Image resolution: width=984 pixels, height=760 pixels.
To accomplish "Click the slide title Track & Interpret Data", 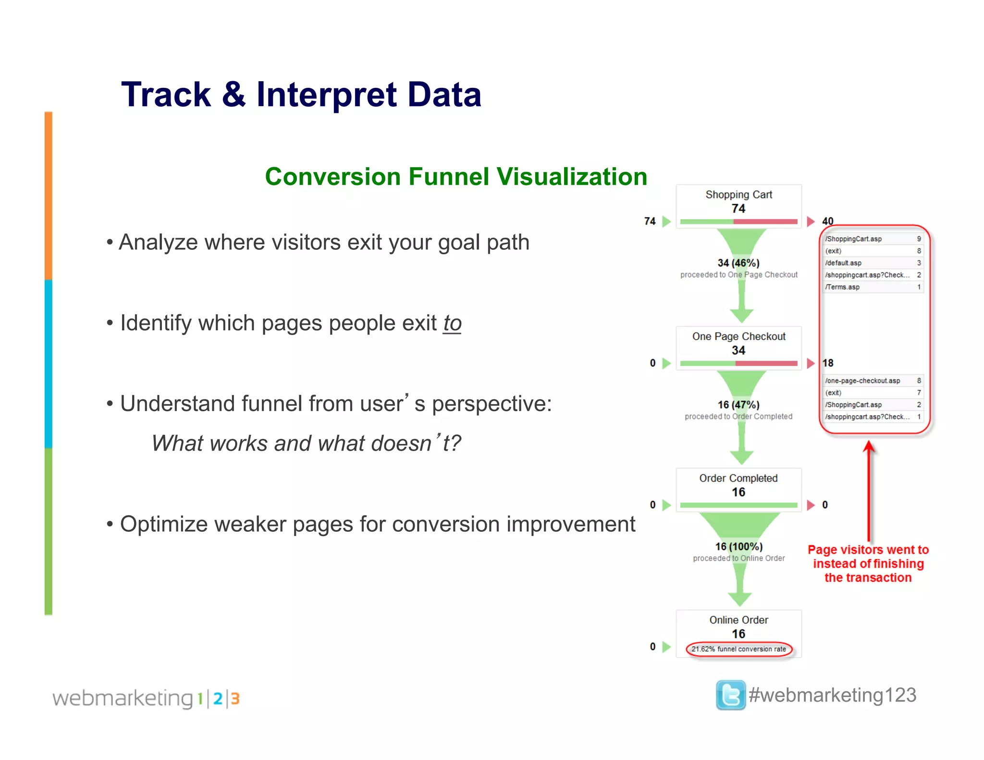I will tap(301, 94).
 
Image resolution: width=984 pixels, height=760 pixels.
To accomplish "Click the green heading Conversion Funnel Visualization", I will tap(456, 176).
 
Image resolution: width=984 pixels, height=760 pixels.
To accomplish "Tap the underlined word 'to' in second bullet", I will tap(452, 323).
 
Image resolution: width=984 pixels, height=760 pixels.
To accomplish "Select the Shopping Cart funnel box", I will tap(738, 206).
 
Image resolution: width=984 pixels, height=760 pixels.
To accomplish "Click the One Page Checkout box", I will tap(738, 347).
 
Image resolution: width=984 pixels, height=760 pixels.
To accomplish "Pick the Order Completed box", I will tap(738, 489).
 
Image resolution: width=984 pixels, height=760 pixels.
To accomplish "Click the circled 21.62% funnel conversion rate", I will tap(738, 649).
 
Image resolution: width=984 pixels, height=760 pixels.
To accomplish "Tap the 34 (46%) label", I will tap(738, 263).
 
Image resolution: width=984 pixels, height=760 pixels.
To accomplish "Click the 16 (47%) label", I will tap(738, 405).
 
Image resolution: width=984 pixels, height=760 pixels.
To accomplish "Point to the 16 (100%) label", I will tap(738, 546).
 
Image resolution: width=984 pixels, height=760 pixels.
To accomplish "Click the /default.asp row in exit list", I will tap(872, 263).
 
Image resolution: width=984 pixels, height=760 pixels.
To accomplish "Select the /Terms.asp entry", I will tap(872, 287).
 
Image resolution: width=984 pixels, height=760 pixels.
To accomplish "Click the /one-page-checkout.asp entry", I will tap(872, 380).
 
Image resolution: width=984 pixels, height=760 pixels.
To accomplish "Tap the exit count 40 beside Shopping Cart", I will tap(827, 221).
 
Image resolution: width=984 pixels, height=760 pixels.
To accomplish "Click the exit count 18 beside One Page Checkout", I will tap(827, 363).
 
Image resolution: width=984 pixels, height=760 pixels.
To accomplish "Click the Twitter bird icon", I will tap(730, 695).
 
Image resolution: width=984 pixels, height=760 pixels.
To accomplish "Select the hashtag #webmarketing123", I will tap(833, 695).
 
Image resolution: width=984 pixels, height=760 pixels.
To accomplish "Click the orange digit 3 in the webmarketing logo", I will tap(235, 699).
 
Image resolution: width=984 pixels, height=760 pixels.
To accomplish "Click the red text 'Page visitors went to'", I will tap(868, 550).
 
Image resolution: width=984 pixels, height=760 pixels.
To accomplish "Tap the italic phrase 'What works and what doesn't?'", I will tap(306, 443).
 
